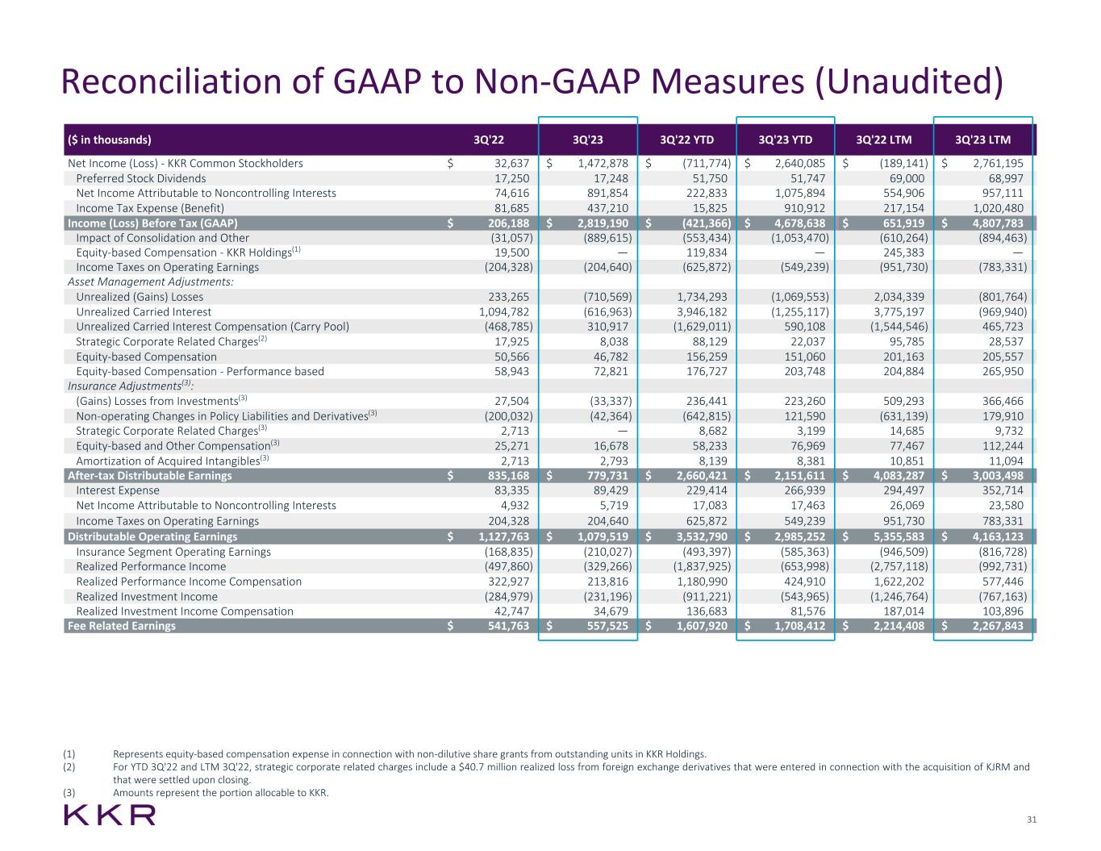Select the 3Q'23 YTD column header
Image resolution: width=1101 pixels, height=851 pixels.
pyautogui.click(x=785, y=140)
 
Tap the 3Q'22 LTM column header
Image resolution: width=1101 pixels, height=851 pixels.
pyautogui.click(x=884, y=140)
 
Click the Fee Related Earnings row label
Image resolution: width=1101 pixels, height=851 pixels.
pyautogui.click(x=122, y=626)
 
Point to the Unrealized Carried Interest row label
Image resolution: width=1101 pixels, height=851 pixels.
pyautogui.click(x=144, y=312)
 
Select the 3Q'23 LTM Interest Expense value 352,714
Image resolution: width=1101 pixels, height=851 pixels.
pyautogui.click(x=1002, y=490)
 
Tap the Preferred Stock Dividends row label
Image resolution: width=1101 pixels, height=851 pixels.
pyautogui.click(x=141, y=178)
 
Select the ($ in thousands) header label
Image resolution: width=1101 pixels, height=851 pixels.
pyautogui.click(x=110, y=140)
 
